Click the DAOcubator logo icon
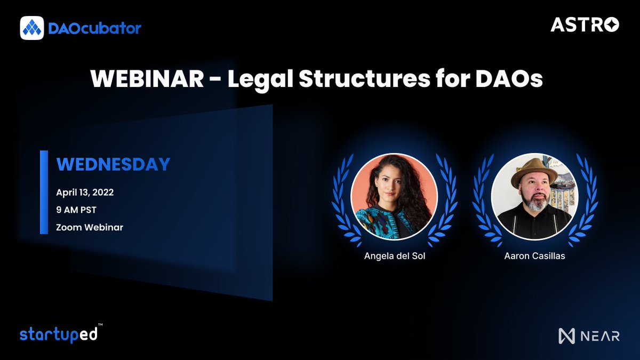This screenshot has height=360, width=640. pyautogui.click(x=32, y=28)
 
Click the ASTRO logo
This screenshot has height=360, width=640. pyautogui.click(x=585, y=25)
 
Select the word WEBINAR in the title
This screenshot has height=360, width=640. pyautogui.click(x=147, y=79)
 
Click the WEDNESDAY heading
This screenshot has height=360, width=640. pyautogui.click(x=113, y=164)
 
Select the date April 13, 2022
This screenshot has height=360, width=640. pyautogui.click(x=85, y=192)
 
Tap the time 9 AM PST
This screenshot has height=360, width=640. pyautogui.click(x=76, y=210)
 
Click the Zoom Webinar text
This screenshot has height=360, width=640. pyautogui.click(x=90, y=227)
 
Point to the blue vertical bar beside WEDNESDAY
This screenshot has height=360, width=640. pyautogui.click(x=44, y=192)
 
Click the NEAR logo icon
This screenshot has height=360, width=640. pyautogui.click(x=566, y=335)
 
